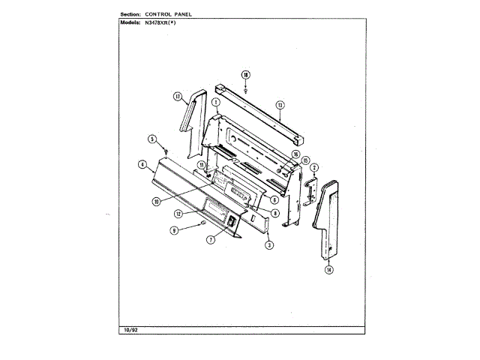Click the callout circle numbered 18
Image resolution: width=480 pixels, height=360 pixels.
pos(245,73)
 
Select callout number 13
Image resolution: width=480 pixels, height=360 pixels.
pos(279,105)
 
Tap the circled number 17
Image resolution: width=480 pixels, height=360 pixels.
pos(178,97)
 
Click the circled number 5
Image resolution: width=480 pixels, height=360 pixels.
pos(151,139)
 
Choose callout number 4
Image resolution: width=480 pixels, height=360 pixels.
pos(141,164)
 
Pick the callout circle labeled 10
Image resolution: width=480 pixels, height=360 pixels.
pos(155,201)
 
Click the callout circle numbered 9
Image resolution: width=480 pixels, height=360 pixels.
pos(174,231)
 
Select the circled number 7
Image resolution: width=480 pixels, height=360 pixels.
pos(211,240)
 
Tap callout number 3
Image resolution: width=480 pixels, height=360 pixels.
pos(269,244)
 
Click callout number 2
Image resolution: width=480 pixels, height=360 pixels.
pos(315,167)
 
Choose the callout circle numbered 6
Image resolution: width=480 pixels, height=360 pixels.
pos(275,199)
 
